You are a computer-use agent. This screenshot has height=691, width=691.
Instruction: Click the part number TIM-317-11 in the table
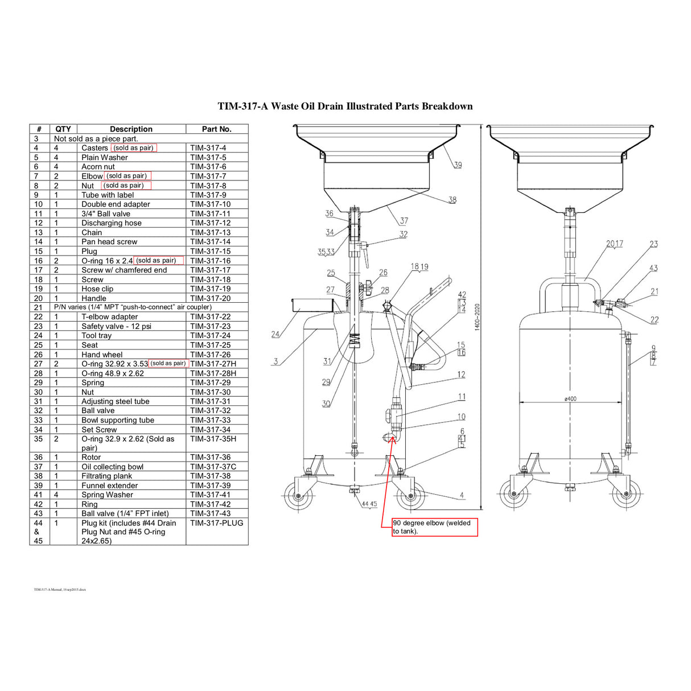[210, 214]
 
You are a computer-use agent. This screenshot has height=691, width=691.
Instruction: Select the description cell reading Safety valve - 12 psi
[116, 326]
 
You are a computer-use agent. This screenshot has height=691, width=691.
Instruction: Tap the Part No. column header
[216, 129]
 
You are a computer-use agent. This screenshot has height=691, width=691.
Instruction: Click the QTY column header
[63, 129]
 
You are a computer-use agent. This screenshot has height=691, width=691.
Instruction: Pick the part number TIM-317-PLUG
[216, 523]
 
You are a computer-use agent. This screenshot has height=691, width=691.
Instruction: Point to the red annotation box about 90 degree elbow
[434, 527]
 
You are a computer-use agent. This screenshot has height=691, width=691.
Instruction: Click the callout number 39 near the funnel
[458, 165]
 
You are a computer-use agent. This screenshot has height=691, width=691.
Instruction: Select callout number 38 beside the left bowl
[452, 200]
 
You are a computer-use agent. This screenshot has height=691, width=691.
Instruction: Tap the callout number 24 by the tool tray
[275, 334]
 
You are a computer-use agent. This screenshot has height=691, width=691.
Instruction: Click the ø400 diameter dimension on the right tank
[570, 398]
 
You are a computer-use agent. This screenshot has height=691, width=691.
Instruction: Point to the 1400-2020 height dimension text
[477, 317]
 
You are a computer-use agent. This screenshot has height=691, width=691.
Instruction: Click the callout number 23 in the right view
[653, 244]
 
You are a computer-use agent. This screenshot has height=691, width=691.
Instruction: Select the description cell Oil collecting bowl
[112, 467]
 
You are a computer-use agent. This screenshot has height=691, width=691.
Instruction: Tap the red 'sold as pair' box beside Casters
[133, 148]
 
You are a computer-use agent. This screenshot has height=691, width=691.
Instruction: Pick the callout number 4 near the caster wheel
[462, 495]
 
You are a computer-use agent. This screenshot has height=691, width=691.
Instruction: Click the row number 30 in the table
[38, 392]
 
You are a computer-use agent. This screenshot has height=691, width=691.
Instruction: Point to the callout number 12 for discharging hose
[461, 375]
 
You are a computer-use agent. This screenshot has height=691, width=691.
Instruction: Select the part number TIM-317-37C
[213, 467]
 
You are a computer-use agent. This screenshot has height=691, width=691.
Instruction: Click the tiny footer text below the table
[60, 590]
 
